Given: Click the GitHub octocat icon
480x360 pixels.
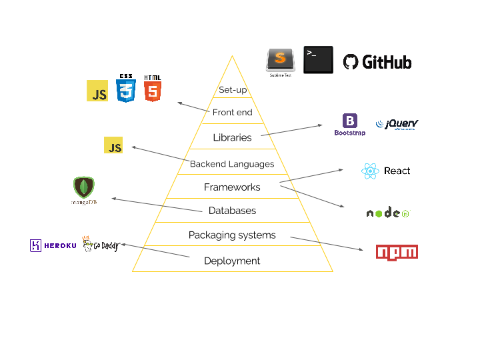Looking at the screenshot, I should coord(351,62).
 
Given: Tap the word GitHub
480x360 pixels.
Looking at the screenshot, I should coord(386,62).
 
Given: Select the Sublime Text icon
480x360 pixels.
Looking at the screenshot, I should coord(280,59).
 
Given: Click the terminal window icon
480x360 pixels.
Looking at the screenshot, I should coord(318,59).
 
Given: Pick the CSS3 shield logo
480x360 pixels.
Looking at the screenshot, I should coord(125,89).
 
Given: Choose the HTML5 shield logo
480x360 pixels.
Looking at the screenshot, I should coord(153,89).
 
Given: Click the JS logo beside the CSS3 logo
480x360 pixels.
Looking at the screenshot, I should coord(97,91).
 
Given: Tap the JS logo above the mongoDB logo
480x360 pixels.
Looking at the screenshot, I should coord(113,145).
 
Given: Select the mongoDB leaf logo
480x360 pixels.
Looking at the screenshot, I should coord(84,187).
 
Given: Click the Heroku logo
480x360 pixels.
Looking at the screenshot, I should coord(53,245).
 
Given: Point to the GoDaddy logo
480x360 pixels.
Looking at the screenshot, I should coord(100,245).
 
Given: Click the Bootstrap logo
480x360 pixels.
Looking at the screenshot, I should coord(350,125).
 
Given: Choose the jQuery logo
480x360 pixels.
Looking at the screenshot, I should coord(397,124).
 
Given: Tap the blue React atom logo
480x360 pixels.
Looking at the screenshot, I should coord(370,171).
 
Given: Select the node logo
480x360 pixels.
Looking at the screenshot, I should coord(388,213).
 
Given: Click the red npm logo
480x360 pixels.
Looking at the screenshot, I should coord(397,252).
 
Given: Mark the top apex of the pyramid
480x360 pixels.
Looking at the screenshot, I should coord(232,56).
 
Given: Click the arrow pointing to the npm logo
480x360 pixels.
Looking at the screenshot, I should coord(327,243).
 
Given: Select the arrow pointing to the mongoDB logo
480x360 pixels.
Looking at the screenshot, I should coord(157,205).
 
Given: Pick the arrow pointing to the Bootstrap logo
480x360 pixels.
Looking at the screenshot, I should coord(292,130).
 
